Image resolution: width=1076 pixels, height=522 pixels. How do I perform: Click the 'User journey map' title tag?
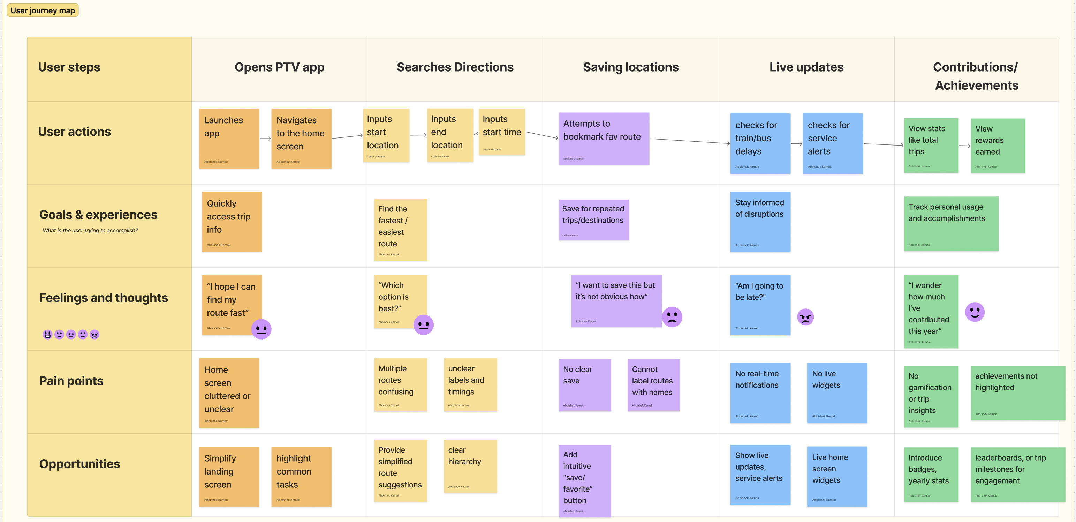pyautogui.click(x=43, y=10)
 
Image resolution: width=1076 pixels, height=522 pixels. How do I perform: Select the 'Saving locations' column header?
pyautogui.click(x=630, y=67)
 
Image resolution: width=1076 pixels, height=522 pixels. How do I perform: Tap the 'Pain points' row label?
pyautogui.click(x=71, y=381)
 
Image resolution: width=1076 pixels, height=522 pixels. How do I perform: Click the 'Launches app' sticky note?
pyautogui.click(x=229, y=138)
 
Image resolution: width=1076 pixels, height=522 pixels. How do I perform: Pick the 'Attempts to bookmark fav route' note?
pyautogui.click(x=604, y=138)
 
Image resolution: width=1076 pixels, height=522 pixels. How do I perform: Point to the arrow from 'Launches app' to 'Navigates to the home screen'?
pyautogui.click(x=265, y=138)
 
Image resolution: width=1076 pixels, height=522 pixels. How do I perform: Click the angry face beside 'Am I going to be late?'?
pyautogui.click(x=805, y=317)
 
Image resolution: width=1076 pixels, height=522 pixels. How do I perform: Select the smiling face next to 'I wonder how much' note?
pyautogui.click(x=975, y=312)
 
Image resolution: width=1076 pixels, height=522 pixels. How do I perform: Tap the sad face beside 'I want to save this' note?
pyautogui.click(x=672, y=317)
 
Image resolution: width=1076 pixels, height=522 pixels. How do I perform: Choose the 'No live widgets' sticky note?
pyautogui.click(x=837, y=393)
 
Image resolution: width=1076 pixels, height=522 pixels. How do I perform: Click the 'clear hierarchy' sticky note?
pyautogui.click(x=470, y=466)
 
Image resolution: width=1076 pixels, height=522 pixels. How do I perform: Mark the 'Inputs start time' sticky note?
pyautogui.click(x=501, y=132)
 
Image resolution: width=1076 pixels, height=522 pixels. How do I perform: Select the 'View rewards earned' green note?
pyautogui.click(x=998, y=146)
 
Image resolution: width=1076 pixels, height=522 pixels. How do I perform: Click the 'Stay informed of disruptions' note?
pyautogui.click(x=760, y=222)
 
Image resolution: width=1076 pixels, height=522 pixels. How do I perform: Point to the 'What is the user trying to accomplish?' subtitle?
pyautogui.click(x=90, y=230)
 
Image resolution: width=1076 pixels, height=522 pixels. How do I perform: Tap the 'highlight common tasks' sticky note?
pyautogui.click(x=301, y=476)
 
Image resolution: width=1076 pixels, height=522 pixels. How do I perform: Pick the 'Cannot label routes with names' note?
pyautogui.click(x=653, y=385)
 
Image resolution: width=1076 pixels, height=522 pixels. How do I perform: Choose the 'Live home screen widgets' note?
pyautogui.click(x=837, y=476)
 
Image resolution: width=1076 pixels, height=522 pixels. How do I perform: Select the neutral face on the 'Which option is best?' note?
pyautogui.click(x=423, y=325)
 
